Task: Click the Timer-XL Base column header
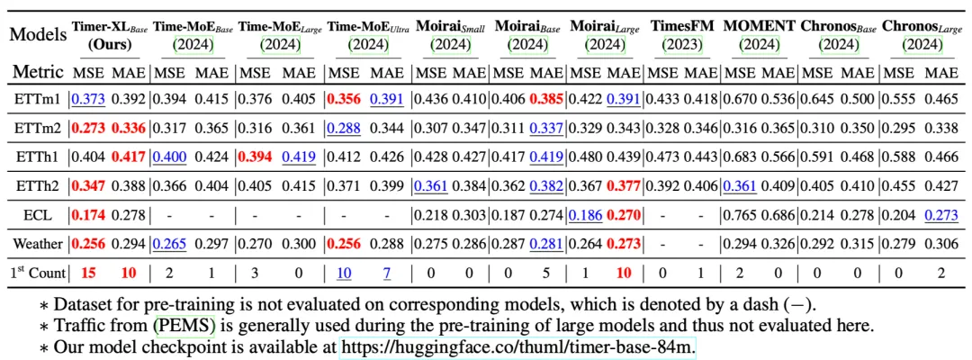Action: pyautogui.click(x=109, y=27)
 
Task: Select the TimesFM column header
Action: pyautogui.click(x=681, y=27)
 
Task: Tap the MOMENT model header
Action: pyautogui.click(x=753, y=27)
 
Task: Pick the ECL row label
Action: pyautogui.click(x=37, y=216)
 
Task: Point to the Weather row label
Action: pyautogui.click(x=37, y=243)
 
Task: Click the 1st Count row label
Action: pyautogui.click(x=37, y=270)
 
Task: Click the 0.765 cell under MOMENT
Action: pyautogui.click(x=736, y=216)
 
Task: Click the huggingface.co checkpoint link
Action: pyautogui.click(x=517, y=346)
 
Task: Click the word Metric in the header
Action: pyautogui.click(x=37, y=71)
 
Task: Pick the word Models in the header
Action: pyautogui.click(x=37, y=35)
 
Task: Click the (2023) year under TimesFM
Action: pyautogui.click(x=681, y=42)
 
